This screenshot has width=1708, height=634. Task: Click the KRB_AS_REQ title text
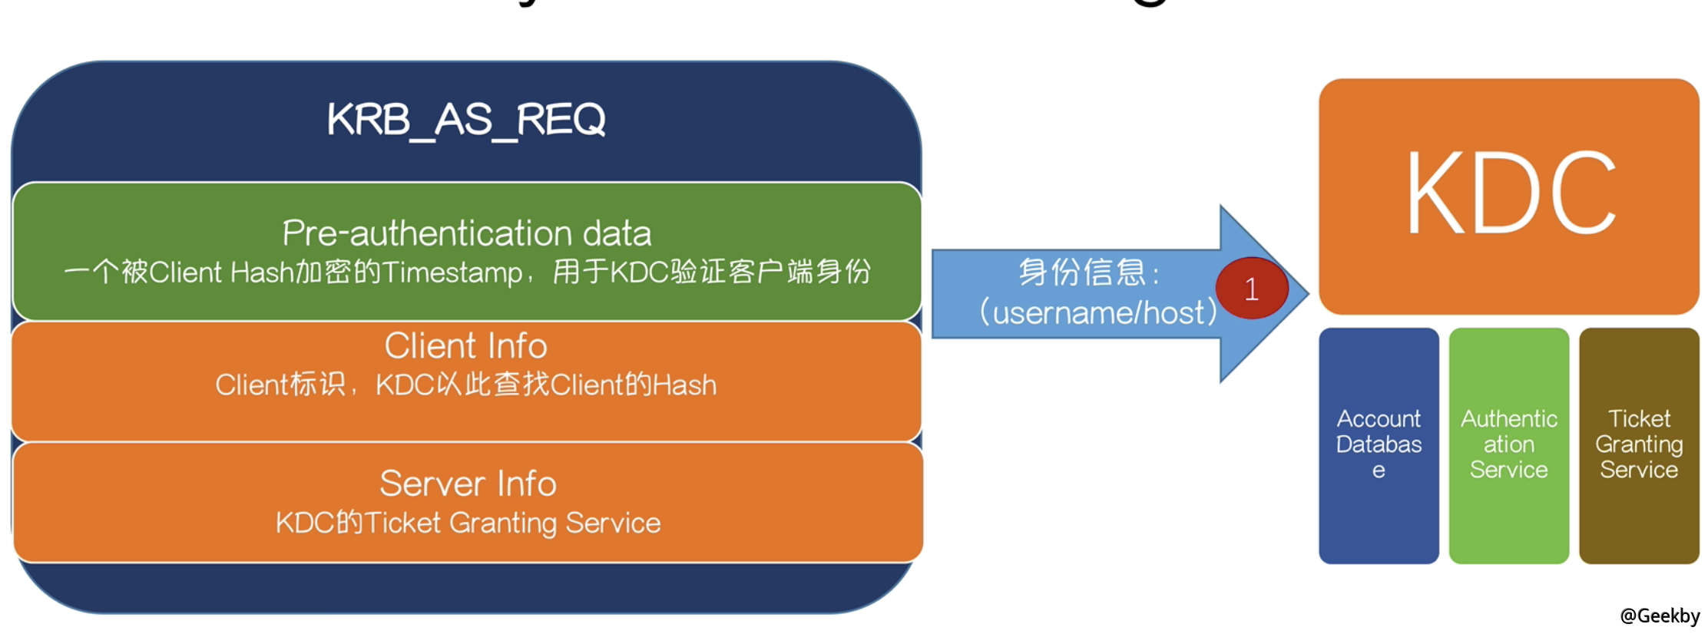tap(466, 120)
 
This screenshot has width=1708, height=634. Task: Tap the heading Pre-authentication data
tap(466, 233)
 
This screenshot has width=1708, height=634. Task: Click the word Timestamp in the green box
tap(452, 272)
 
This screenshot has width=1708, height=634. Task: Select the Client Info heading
tap(465, 346)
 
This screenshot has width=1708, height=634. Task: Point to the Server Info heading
tap(468, 484)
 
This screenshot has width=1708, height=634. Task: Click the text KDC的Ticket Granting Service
tap(468, 523)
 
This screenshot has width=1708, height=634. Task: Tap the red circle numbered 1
tap(1251, 289)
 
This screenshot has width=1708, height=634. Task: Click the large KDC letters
tap(1510, 193)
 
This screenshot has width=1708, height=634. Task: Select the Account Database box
tap(1379, 445)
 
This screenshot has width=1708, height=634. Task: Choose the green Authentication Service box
tap(1508, 445)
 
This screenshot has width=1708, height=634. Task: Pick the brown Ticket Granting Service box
tap(1639, 445)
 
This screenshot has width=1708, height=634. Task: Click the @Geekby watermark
tap(1660, 616)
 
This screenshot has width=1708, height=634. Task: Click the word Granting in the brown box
tap(1639, 444)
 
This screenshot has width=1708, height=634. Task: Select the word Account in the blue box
tap(1379, 419)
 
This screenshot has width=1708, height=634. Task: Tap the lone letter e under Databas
tap(1379, 471)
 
